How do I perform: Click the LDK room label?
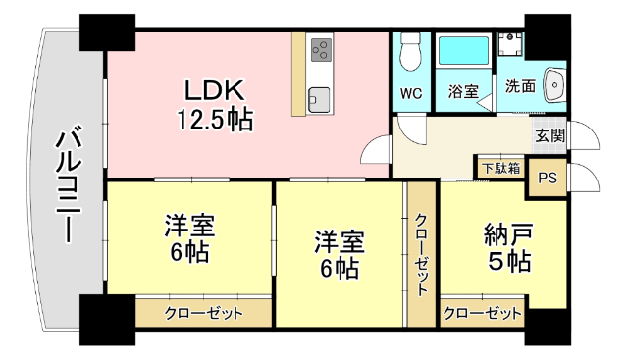point(215,90)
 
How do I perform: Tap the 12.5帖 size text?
point(215,120)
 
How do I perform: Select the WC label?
point(411,95)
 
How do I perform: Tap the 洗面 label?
point(520,86)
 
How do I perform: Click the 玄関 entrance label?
point(549,135)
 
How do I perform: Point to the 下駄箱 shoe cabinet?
point(500,168)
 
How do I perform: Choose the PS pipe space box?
point(548,178)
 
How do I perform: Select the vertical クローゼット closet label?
point(421,255)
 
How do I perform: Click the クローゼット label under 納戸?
point(482,314)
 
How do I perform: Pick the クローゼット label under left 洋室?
point(203,314)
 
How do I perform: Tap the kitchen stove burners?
point(321,48)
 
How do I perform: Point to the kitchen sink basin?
point(320,97)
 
